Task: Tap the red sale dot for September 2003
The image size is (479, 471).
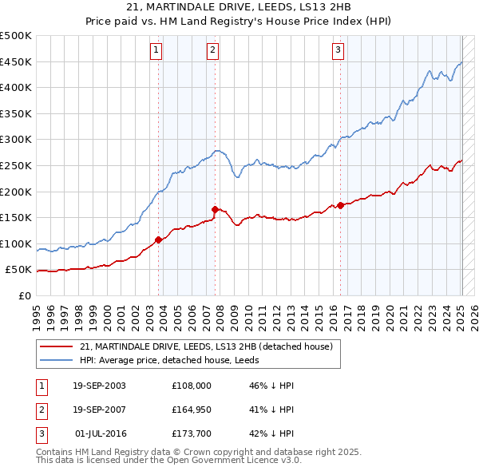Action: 158,239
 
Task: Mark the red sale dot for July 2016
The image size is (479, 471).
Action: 341,205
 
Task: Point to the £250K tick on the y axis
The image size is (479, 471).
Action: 17,165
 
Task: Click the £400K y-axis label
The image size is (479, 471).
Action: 17,87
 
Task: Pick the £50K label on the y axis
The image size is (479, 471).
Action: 19,270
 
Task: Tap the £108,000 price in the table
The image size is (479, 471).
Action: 192,386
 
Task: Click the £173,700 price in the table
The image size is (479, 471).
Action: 192,433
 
